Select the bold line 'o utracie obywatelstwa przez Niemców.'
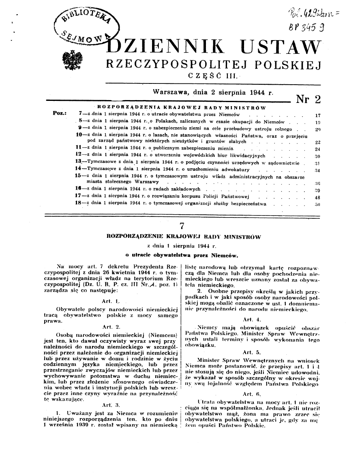[181, 255]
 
